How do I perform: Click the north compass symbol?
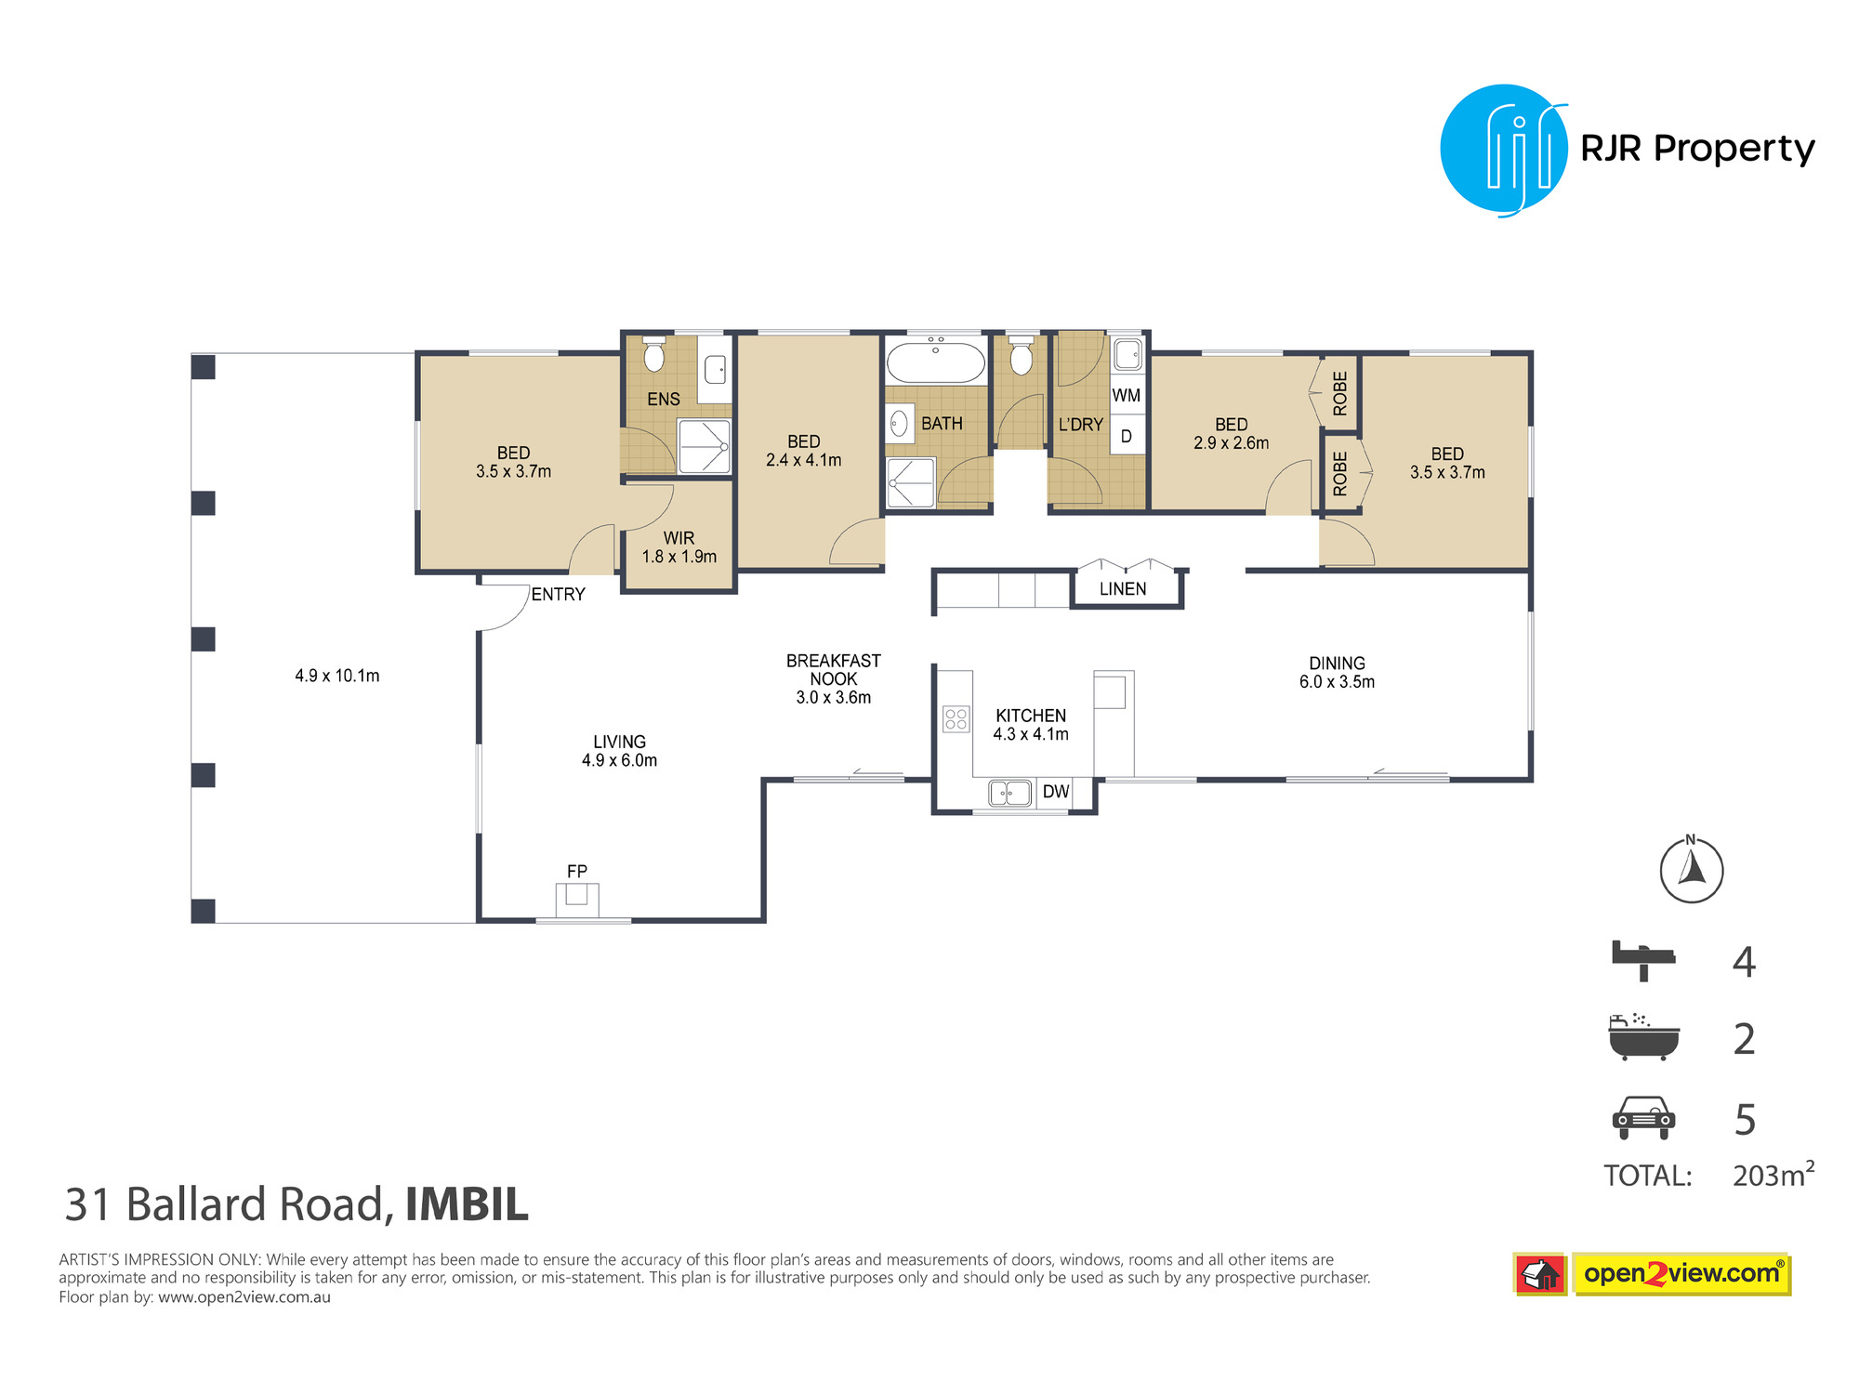(x=1692, y=870)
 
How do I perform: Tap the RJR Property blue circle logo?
(x=1504, y=150)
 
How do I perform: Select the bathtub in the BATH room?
(x=936, y=361)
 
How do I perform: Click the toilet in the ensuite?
(x=654, y=354)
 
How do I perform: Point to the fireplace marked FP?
(x=577, y=900)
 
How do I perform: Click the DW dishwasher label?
(x=1056, y=792)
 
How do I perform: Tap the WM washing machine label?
(x=1127, y=395)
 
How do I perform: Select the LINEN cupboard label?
(x=1123, y=589)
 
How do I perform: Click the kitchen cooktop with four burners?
(x=956, y=718)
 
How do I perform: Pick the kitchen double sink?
(x=1010, y=793)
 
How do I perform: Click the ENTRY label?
(x=559, y=595)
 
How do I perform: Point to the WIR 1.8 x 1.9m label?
(x=679, y=547)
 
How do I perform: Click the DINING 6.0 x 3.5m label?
(x=1337, y=672)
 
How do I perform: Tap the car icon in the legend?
(x=1643, y=1117)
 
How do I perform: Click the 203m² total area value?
(x=1773, y=1175)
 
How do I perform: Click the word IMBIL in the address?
(x=467, y=1204)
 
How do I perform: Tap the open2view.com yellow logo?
(x=1681, y=1273)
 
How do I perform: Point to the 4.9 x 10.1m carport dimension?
(x=337, y=676)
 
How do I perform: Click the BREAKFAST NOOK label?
(x=834, y=670)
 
